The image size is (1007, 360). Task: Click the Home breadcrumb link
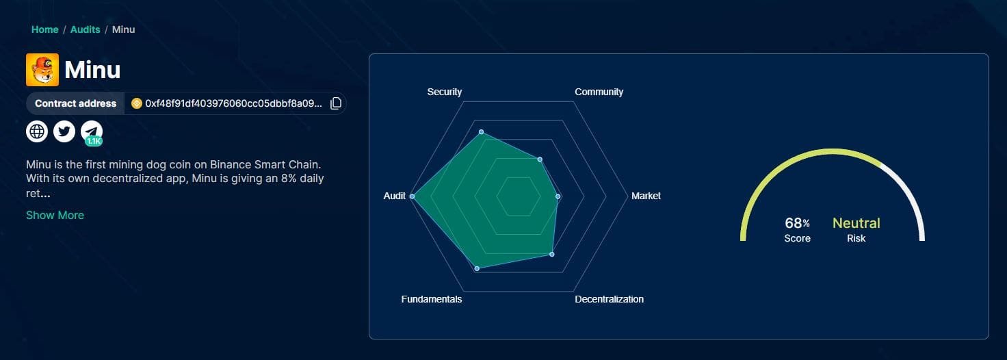44,29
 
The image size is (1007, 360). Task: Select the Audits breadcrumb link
85,29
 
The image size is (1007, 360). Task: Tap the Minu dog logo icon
42,70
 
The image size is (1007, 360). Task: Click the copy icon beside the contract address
336,103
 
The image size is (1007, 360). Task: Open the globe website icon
37,131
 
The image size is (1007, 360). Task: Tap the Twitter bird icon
64,131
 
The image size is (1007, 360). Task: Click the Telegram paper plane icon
92,131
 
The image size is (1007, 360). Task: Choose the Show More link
55,215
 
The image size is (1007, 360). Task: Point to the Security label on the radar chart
444,92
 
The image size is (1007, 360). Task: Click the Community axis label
599,92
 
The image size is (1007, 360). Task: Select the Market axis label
646,196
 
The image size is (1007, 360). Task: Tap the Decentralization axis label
609,299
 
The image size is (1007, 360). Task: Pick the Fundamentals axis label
431,299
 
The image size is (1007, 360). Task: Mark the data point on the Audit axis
412,196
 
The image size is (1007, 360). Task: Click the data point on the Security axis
481,131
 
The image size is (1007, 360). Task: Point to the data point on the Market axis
558,196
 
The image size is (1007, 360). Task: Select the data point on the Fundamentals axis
477,269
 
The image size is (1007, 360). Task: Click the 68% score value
797,223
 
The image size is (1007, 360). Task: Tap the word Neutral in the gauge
856,223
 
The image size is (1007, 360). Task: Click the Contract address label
75,103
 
